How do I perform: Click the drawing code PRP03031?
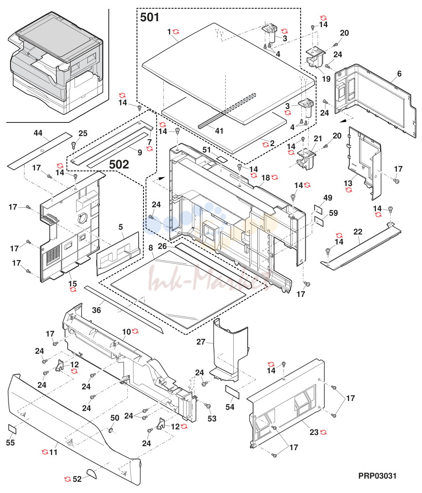(378, 476)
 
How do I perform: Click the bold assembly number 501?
(149, 18)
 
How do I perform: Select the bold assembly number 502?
(119, 164)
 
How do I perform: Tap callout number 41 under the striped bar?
(219, 131)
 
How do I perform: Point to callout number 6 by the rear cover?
(399, 74)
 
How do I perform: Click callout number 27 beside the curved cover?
(201, 342)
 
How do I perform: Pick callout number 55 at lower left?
(10, 443)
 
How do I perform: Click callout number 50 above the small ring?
(115, 418)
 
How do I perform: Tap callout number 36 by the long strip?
(97, 310)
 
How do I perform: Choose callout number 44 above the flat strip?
(38, 133)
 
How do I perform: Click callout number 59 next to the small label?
(333, 213)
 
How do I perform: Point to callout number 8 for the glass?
(150, 248)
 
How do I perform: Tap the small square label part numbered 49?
(318, 209)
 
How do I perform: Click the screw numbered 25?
(74, 145)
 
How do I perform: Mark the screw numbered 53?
(208, 405)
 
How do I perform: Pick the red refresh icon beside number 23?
(323, 432)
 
